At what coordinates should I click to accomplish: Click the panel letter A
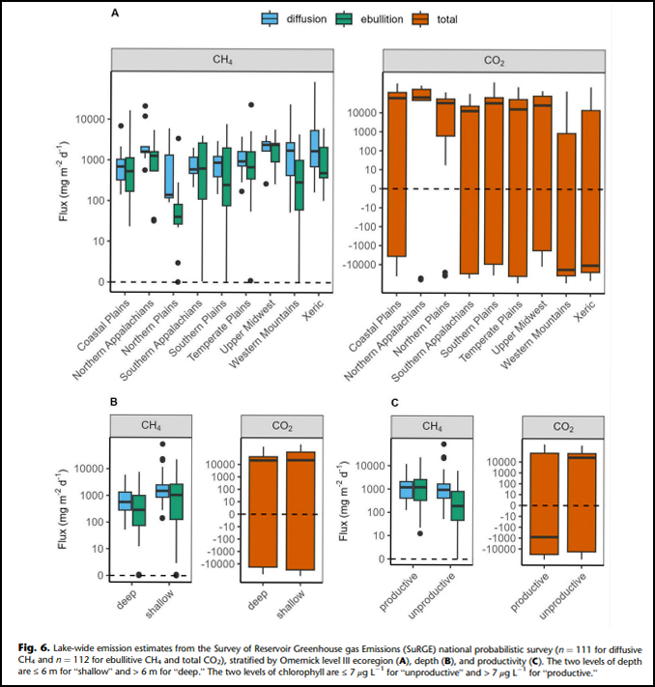115,14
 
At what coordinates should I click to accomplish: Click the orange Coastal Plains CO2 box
396,174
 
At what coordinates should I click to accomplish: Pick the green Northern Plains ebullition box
178,215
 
